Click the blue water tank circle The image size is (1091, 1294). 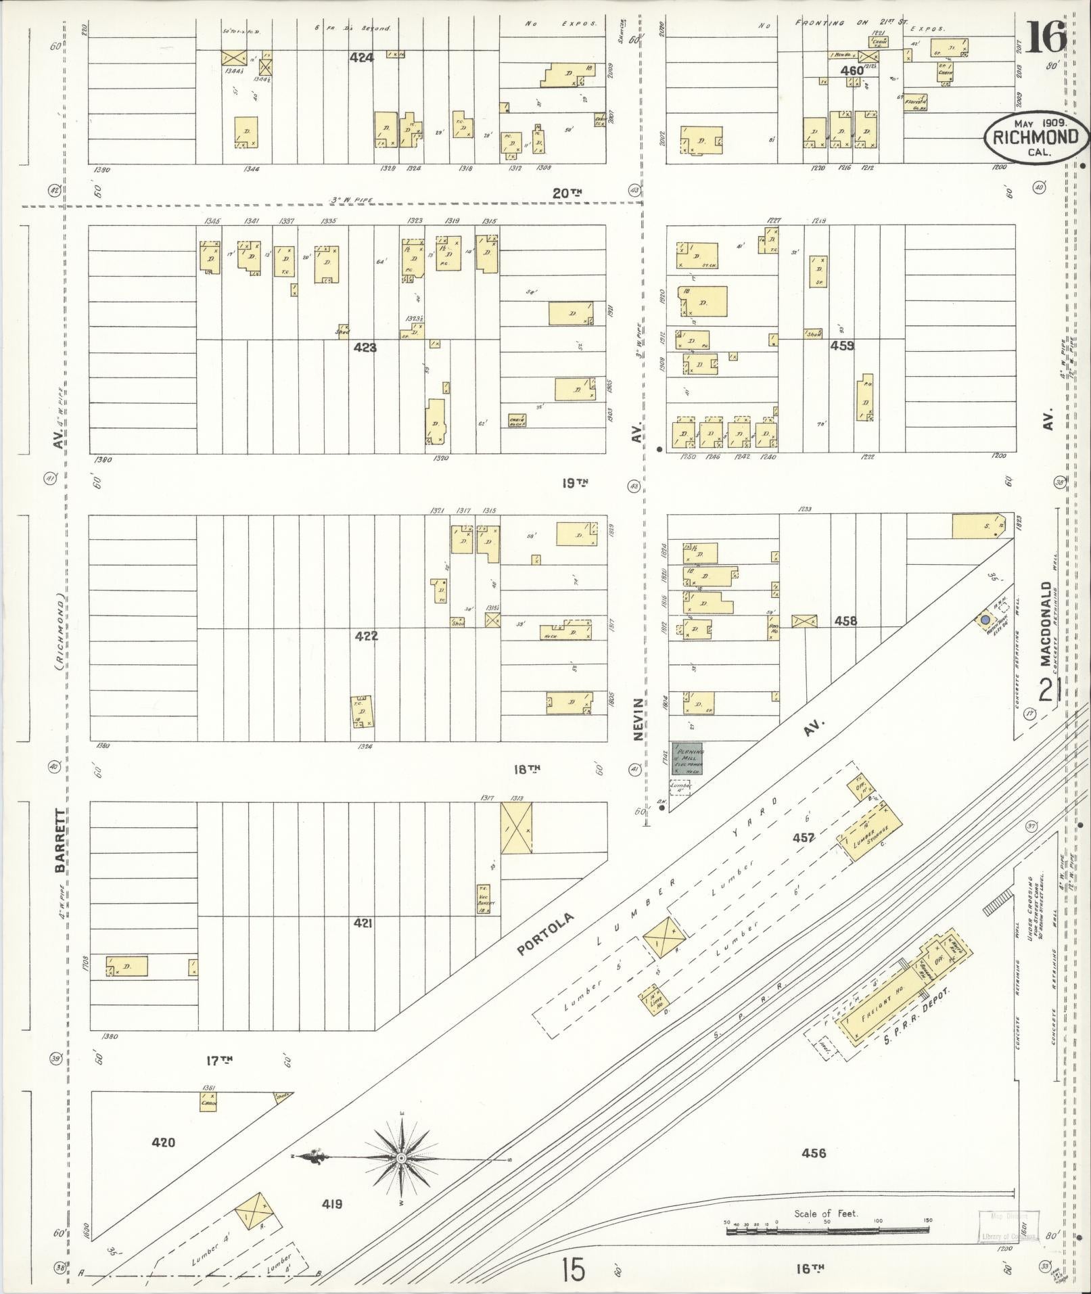[985, 619]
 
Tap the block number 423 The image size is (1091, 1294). [365, 348]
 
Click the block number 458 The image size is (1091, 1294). [845, 620]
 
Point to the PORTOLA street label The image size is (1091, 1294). [545, 934]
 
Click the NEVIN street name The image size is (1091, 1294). [638, 720]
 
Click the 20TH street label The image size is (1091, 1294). [567, 193]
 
